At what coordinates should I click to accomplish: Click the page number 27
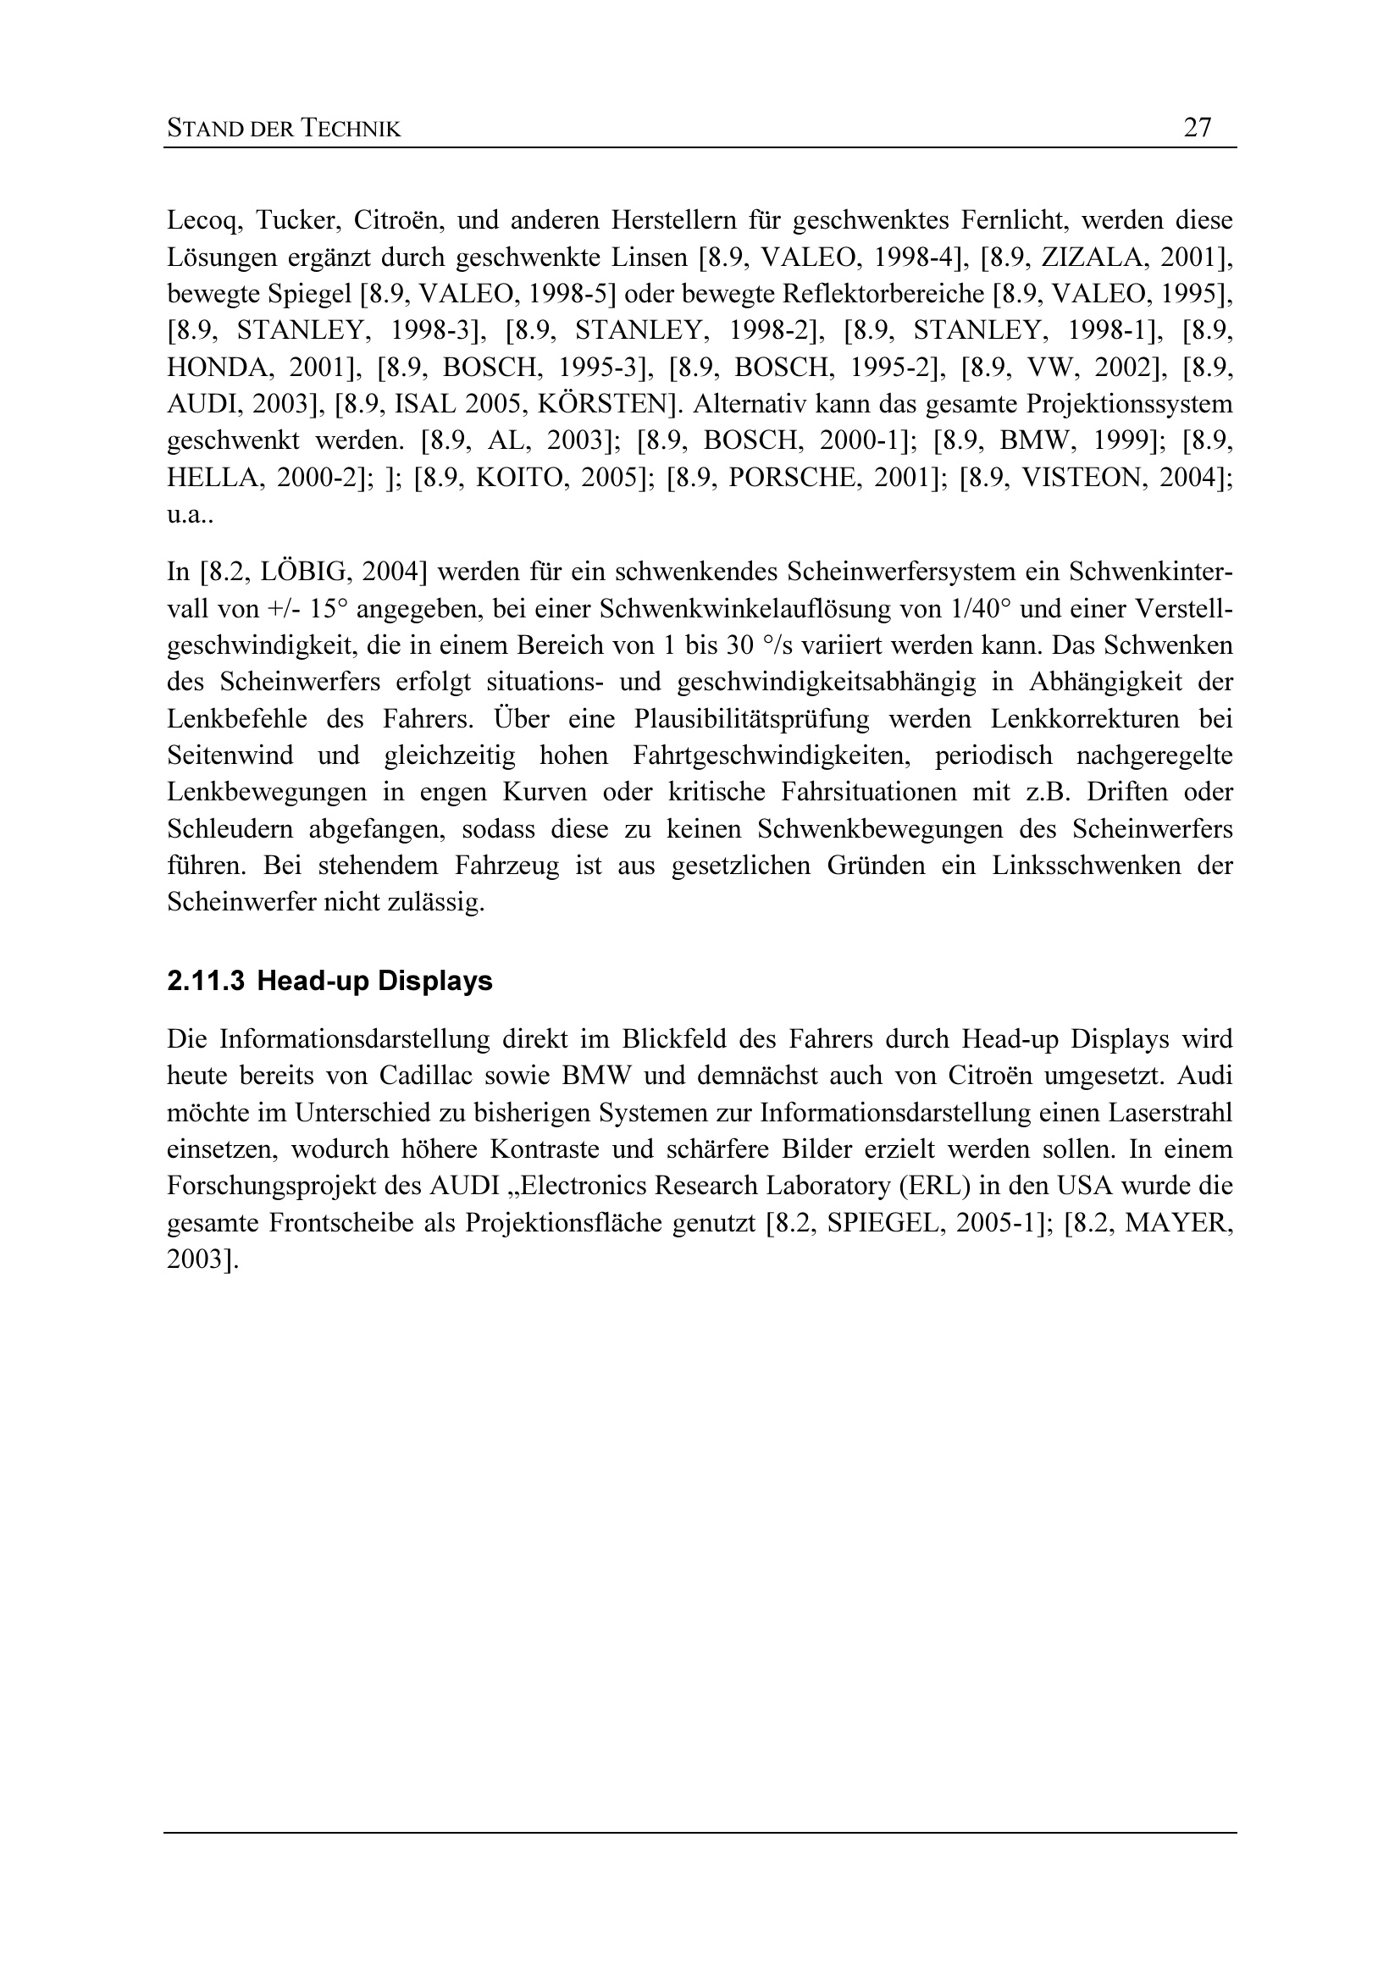(1198, 128)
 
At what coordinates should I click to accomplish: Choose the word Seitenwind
(230, 755)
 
